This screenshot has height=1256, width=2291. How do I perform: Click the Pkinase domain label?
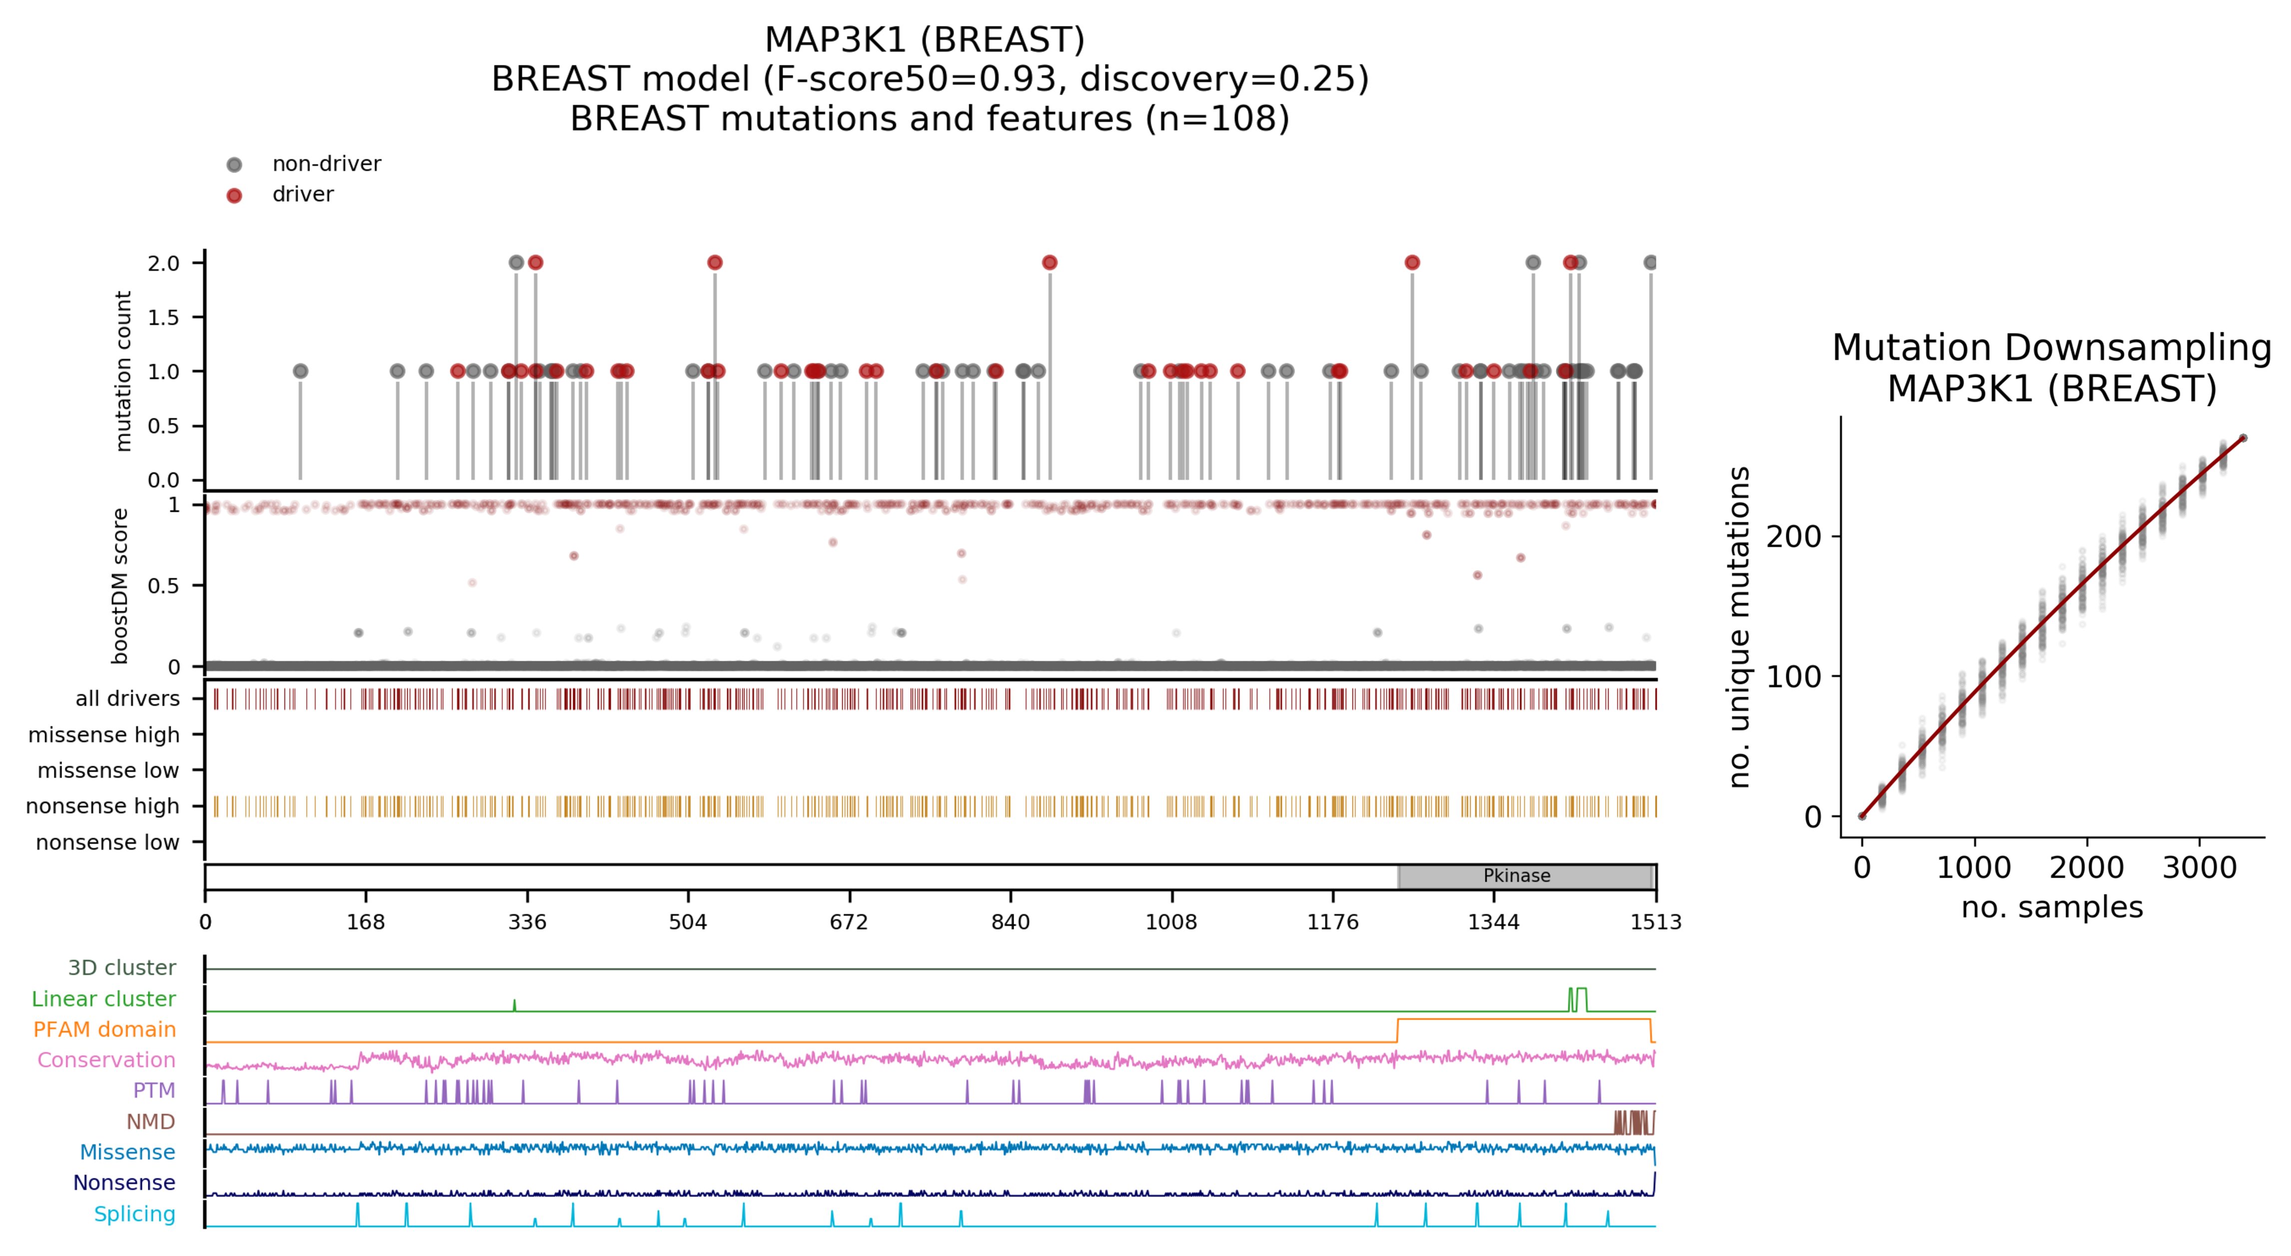point(1516,876)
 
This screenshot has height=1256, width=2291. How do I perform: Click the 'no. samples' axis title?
point(2052,907)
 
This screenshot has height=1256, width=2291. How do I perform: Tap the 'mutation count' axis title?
point(123,371)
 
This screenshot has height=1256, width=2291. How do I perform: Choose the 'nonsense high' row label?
point(102,806)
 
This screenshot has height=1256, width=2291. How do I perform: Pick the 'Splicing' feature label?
point(134,1214)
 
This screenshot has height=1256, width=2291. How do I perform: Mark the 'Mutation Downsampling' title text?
point(2052,348)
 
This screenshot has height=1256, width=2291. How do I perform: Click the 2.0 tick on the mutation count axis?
point(163,263)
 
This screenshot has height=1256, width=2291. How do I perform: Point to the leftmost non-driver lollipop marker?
point(300,371)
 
